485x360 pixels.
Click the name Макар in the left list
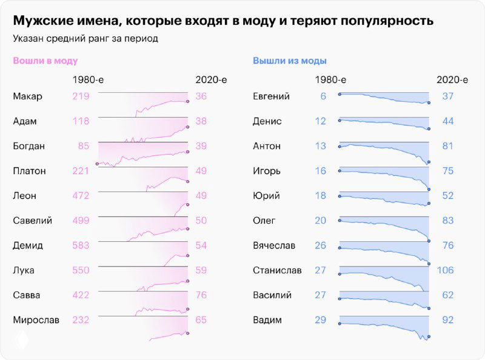tap(28, 96)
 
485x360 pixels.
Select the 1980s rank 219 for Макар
tap(80, 96)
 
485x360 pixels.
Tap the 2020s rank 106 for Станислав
tap(445, 270)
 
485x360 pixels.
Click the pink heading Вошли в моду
tap(45, 61)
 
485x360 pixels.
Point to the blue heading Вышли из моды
tap(290, 61)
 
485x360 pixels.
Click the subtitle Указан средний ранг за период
tap(85, 39)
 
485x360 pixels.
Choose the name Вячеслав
tap(273, 245)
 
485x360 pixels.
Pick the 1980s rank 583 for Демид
tap(80, 245)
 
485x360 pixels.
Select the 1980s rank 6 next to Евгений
tap(323, 96)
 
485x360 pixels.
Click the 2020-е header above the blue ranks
tap(452, 79)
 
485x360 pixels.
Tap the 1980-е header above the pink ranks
tap(89, 79)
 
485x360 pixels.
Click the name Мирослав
tap(36, 320)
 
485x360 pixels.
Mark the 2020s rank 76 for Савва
tap(201, 295)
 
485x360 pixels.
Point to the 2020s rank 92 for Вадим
tap(447, 320)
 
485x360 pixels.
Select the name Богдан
tap(29, 146)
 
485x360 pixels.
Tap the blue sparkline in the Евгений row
tap(383, 99)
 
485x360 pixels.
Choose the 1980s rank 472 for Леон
tap(80, 196)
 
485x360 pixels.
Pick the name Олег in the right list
tap(264, 221)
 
